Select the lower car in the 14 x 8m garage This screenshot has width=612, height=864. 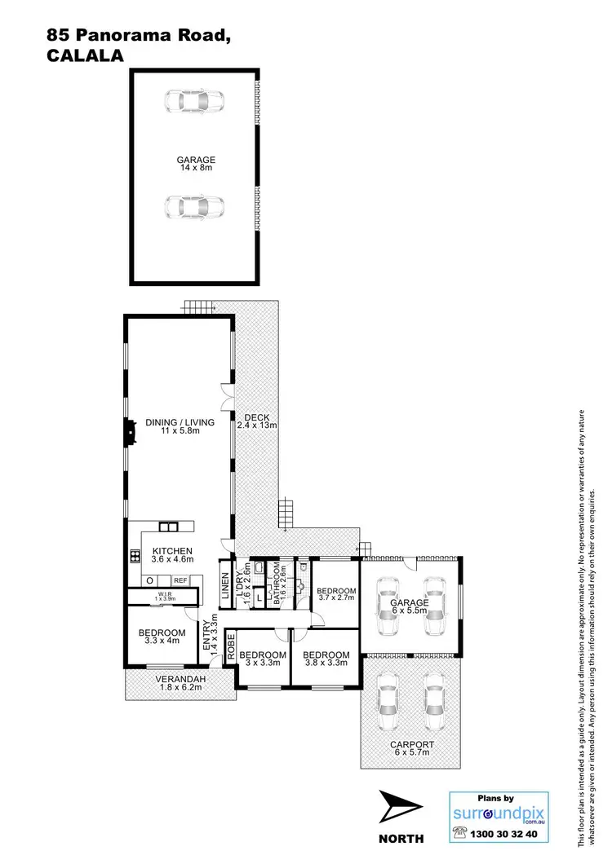click(194, 208)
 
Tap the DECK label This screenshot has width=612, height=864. click(257, 421)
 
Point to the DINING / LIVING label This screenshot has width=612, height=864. click(180, 427)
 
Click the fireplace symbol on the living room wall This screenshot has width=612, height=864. click(130, 432)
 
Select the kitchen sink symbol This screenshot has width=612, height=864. click(169, 527)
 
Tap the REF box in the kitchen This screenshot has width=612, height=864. click(180, 580)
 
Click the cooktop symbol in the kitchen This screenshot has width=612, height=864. click(134, 558)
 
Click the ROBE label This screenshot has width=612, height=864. click(231, 646)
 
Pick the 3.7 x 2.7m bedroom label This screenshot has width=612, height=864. click(336, 596)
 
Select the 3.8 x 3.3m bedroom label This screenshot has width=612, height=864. click(326, 659)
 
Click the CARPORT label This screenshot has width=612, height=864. click(411, 749)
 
